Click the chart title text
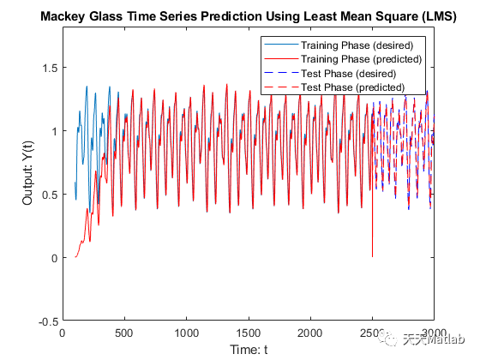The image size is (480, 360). click(x=249, y=17)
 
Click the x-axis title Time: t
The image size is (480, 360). click(x=249, y=350)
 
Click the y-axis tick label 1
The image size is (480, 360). click(x=54, y=130)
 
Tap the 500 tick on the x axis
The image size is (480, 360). click(x=124, y=333)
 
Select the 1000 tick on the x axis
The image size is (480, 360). click(x=186, y=333)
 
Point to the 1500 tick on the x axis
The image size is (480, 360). click(x=249, y=333)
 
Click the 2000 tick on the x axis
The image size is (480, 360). click(x=310, y=333)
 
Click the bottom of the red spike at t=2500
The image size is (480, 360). click(x=372, y=255)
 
